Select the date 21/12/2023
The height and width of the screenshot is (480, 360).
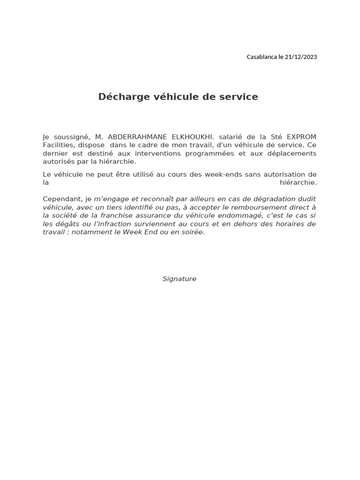[301, 57]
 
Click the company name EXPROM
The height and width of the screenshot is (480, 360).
[301, 137]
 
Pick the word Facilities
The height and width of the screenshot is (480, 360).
[58, 145]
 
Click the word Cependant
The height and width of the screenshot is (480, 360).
[62, 199]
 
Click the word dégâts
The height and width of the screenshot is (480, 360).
[67, 224]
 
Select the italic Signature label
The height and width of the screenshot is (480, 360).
[180, 279]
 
